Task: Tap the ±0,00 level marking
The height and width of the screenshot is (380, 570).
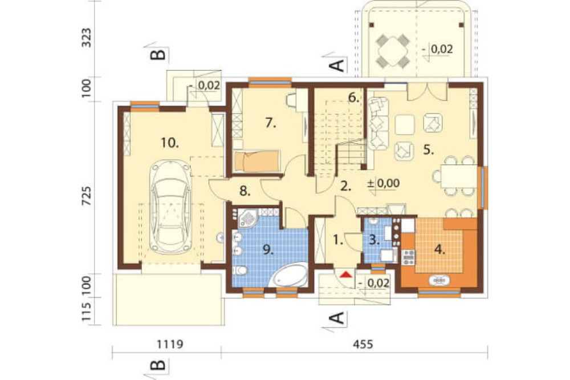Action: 384,183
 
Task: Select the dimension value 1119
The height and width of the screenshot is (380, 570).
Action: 169,343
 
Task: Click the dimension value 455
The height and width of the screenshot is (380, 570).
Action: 363,343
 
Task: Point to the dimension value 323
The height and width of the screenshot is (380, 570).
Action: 87,38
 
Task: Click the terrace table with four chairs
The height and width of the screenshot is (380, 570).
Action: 392,51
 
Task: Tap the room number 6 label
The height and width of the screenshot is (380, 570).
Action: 353,98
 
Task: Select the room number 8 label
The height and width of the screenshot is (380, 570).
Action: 245,191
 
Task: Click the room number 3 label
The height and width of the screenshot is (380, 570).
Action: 374,240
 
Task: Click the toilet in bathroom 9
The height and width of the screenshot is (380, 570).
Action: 240,271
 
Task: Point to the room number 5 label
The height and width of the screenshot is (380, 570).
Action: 429,150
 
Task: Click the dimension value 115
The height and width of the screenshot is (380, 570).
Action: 87,312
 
